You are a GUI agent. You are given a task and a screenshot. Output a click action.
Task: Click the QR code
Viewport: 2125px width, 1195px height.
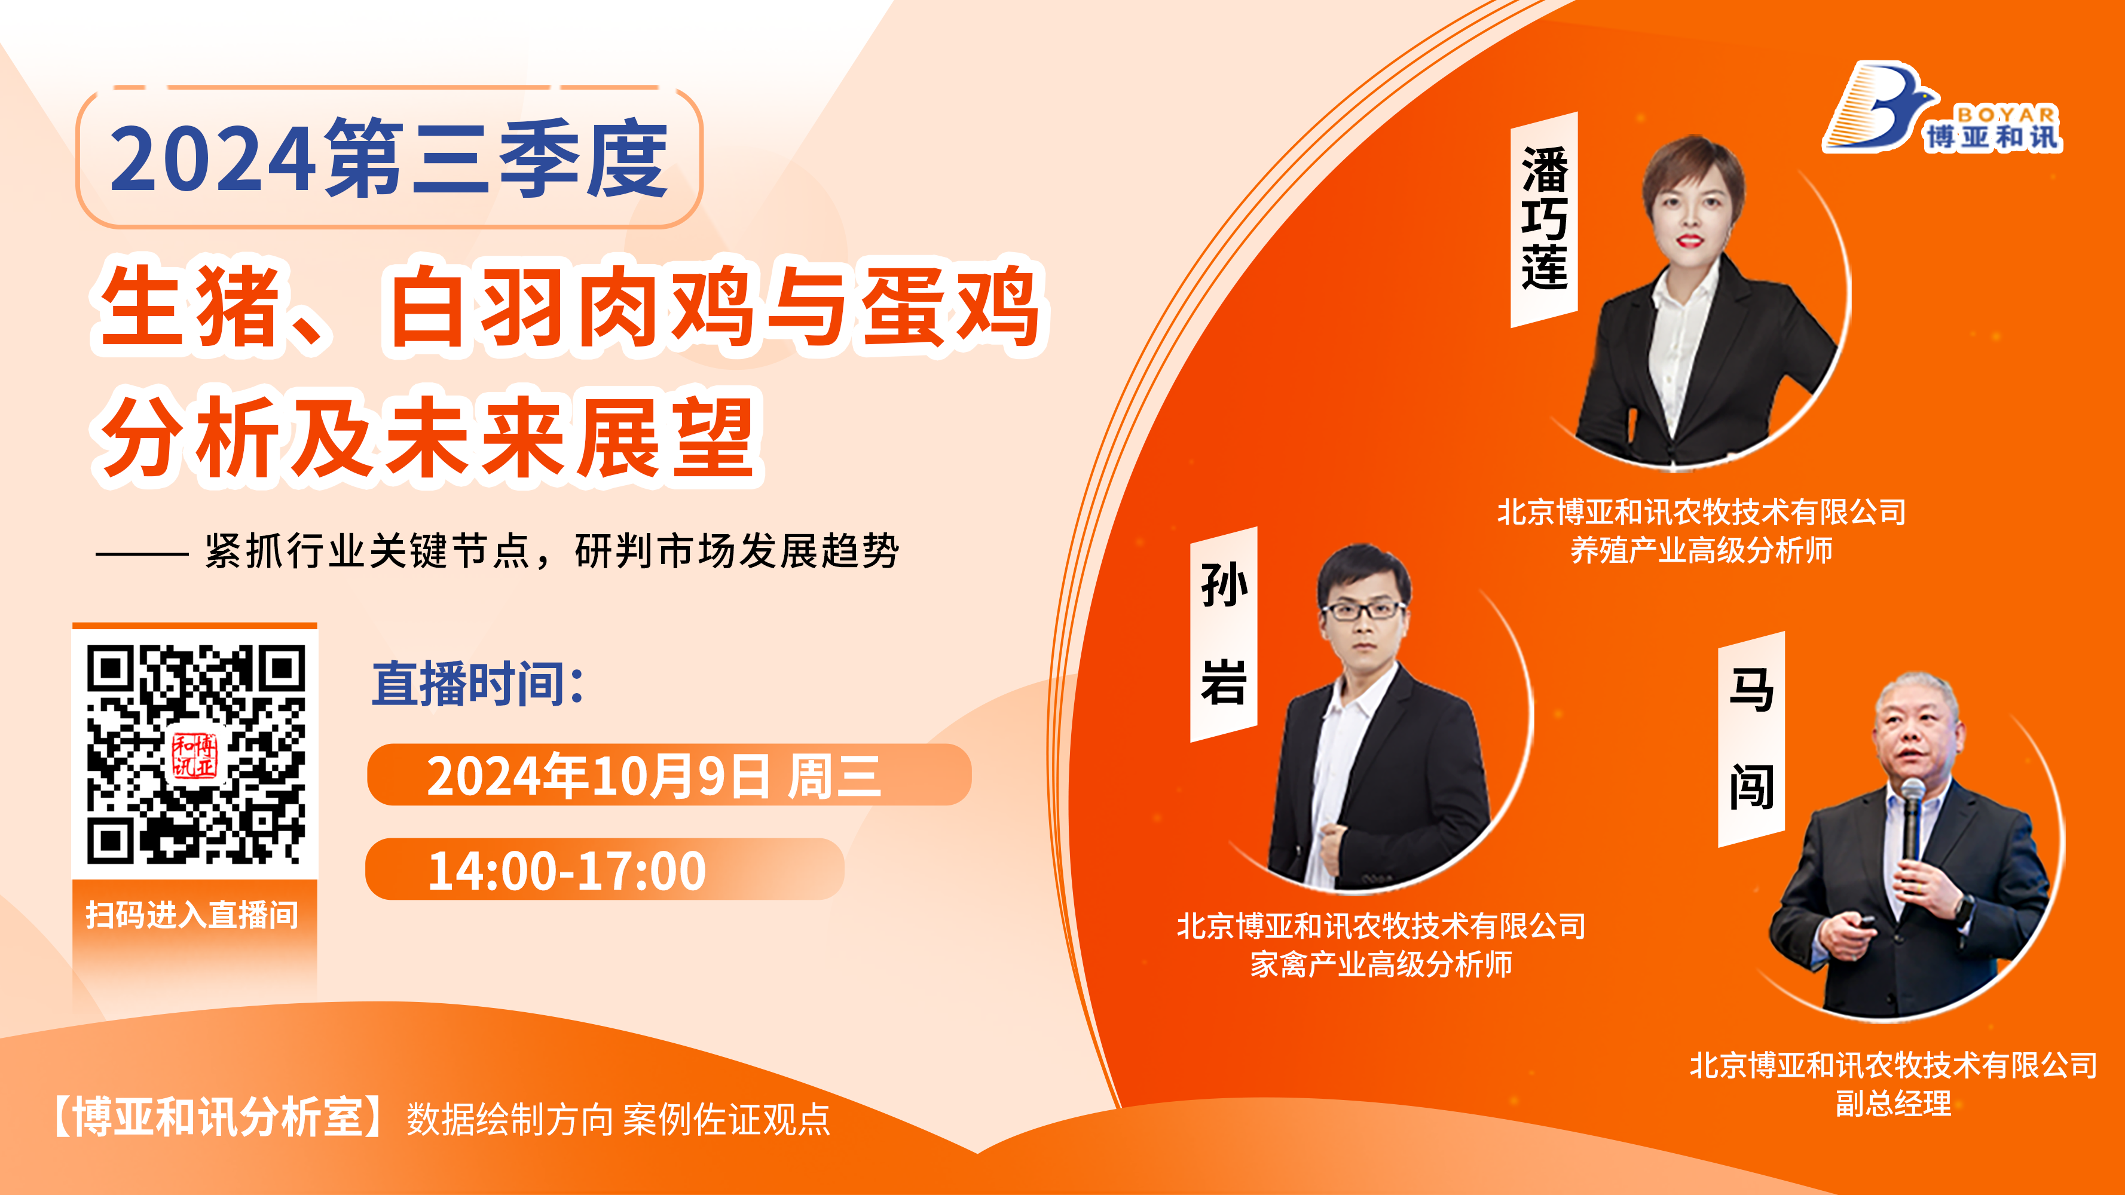pyautogui.click(x=195, y=754)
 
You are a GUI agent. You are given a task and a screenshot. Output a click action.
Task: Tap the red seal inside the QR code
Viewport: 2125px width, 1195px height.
pyautogui.click(x=195, y=755)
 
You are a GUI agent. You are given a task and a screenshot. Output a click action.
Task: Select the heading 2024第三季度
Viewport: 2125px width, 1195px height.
pyautogui.click(x=389, y=158)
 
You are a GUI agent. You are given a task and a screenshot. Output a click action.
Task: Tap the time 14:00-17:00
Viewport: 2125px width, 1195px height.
pyautogui.click(x=567, y=870)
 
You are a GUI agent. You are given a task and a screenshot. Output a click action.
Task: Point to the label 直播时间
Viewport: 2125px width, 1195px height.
pyautogui.click(x=478, y=684)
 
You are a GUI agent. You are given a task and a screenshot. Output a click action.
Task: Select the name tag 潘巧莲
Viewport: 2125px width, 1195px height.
pyautogui.click(x=1543, y=219)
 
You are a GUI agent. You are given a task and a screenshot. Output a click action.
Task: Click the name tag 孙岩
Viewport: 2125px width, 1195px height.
pyautogui.click(x=1224, y=633)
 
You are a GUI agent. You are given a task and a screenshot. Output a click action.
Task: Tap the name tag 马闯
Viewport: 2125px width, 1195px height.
pyautogui.click(x=1751, y=739)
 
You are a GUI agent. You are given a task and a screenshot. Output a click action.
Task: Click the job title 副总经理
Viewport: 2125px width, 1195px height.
pyautogui.click(x=1893, y=1102)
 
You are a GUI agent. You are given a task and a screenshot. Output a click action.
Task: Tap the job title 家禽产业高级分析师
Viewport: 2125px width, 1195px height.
pyautogui.click(x=1381, y=963)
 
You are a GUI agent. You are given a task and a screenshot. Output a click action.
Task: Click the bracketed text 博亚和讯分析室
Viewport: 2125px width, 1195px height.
pyautogui.click(x=219, y=1117)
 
